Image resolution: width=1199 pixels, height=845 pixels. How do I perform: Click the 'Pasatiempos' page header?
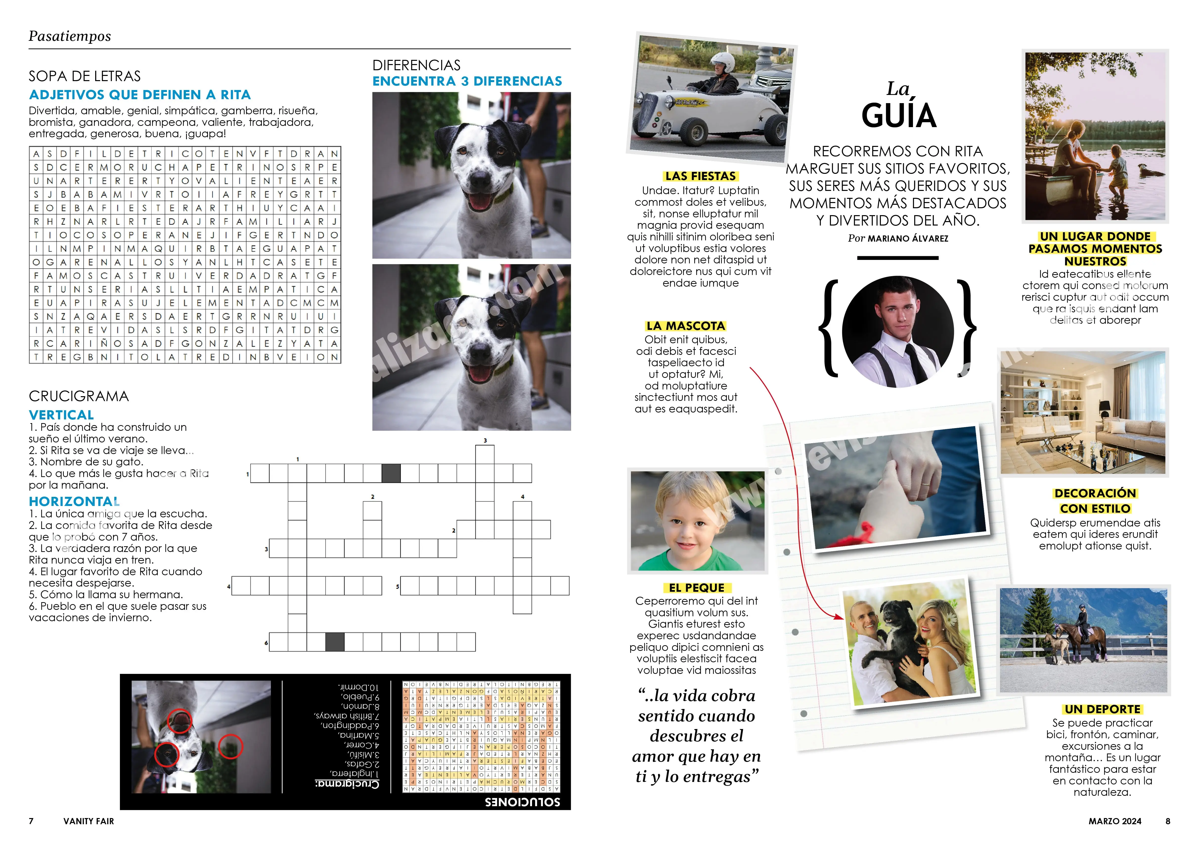(69, 36)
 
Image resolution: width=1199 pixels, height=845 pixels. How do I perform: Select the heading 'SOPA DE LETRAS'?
(85, 76)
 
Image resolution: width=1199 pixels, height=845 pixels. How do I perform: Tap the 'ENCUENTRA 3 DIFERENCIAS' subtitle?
(467, 81)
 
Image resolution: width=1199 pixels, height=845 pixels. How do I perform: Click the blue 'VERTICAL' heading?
(61, 415)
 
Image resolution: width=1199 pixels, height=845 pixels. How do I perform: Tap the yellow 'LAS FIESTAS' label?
(700, 176)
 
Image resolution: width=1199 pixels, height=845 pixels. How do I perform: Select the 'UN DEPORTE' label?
(1102, 709)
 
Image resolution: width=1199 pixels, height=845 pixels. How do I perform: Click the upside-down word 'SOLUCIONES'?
(522, 802)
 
